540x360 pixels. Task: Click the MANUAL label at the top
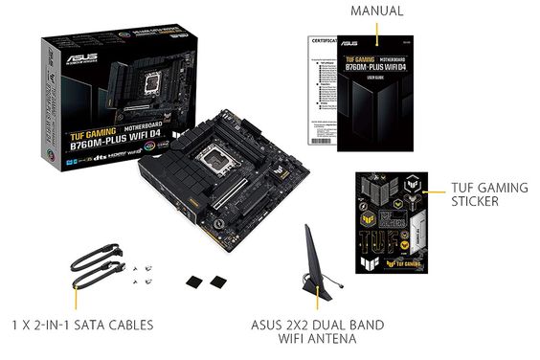376,11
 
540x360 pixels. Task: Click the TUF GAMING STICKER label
488,194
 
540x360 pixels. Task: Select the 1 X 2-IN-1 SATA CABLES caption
82,325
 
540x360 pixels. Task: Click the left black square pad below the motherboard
194,281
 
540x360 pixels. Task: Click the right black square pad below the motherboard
218,281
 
